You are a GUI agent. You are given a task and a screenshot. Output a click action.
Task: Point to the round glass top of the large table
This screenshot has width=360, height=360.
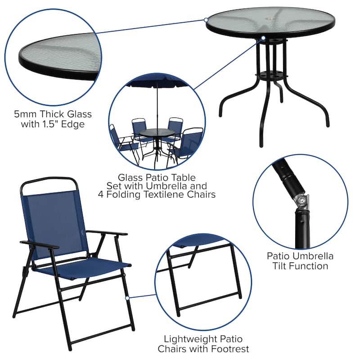[x=270, y=20]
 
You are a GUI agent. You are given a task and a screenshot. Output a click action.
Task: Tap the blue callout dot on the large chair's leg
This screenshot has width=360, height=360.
[x=127, y=297]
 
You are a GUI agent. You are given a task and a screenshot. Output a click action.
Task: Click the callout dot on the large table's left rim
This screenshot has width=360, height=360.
[x=206, y=20]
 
